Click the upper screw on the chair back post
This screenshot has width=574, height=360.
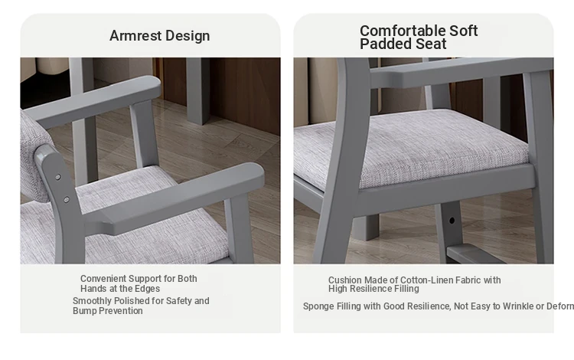(x=58, y=177)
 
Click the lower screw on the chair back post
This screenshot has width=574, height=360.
(x=67, y=200)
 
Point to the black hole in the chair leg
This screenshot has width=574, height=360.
(x=452, y=221)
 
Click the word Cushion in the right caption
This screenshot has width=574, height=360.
(x=344, y=280)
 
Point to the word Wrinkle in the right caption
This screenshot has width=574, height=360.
(x=518, y=306)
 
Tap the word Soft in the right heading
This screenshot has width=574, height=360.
(x=464, y=31)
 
